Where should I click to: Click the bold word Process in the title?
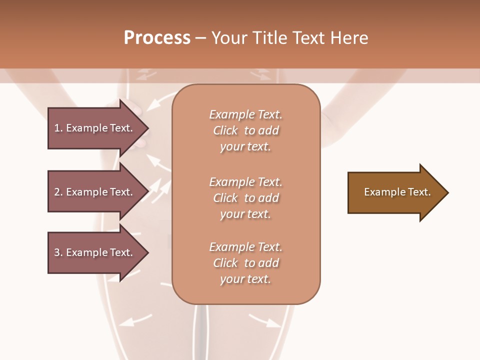tap(157, 38)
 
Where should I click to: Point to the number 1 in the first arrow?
tap(57, 128)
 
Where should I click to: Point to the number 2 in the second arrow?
tap(57, 192)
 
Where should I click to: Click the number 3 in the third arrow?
tap(57, 252)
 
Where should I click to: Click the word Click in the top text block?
tap(225, 130)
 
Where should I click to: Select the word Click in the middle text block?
tap(225, 198)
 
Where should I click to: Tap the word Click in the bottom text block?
tap(225, 263)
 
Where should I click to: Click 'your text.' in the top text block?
tap(245, 147)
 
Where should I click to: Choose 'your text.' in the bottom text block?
tap(245, 279)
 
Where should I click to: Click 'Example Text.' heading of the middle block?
tap(245, 182)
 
